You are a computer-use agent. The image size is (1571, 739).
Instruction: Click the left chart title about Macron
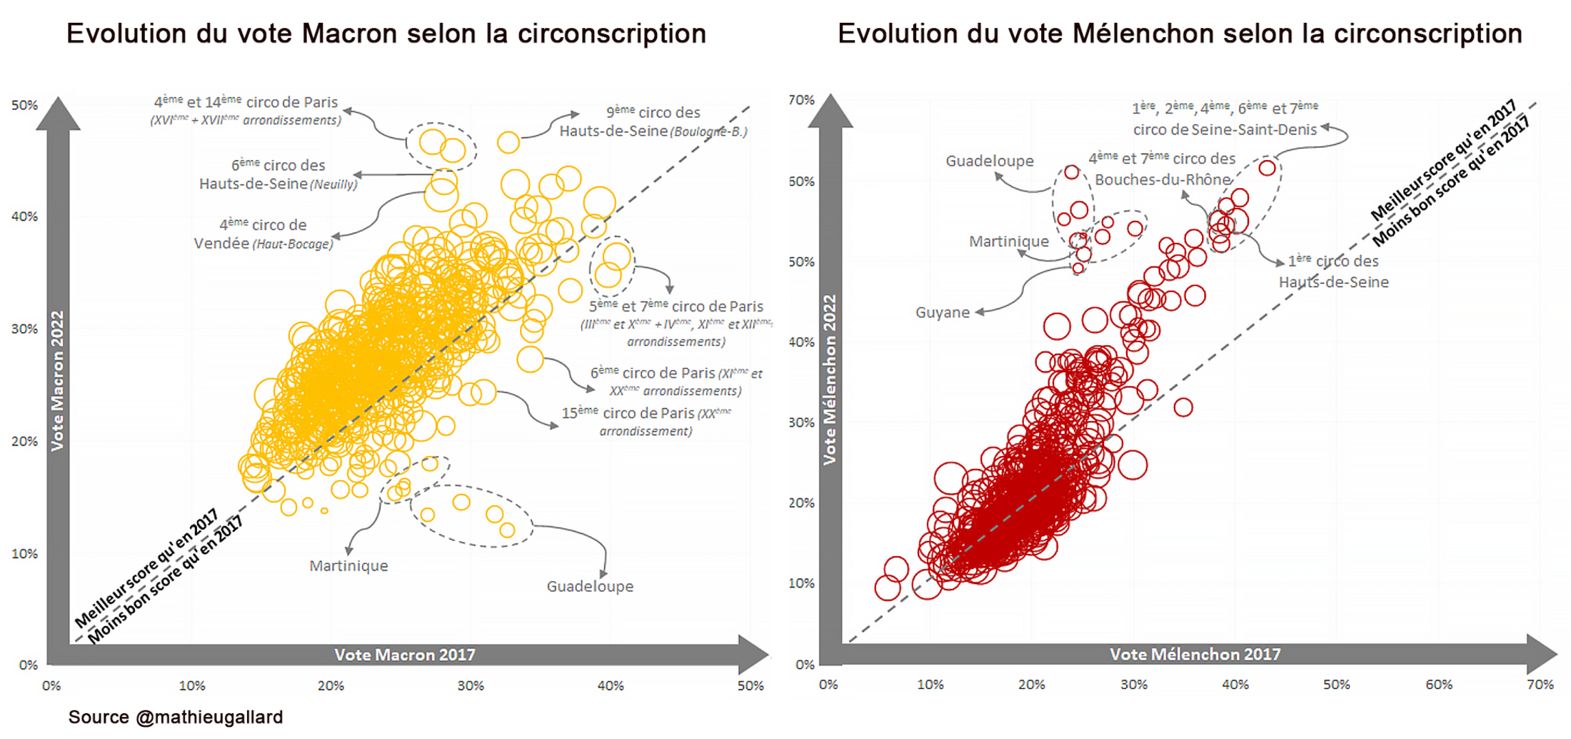coord(386,34)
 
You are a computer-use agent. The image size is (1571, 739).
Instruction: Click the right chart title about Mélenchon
coord(1180,34)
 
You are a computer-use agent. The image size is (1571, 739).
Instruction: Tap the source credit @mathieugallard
coord(176,717)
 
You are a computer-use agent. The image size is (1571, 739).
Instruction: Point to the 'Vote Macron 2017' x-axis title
coord(405,655)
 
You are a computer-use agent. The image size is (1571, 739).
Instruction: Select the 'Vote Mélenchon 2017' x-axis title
coord(1195,654)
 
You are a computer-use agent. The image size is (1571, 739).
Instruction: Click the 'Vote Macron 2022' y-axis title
coord(57,380)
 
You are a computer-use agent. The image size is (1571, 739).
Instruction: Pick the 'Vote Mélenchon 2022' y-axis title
coord(830,380)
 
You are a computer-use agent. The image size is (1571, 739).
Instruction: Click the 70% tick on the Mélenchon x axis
coord(1540,685)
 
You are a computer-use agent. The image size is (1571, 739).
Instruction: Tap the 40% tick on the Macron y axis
coord(24,217)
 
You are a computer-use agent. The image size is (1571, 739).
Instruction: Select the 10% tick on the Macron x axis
coord(191,686)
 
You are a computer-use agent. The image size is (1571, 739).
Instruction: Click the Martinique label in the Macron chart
coord(348,566)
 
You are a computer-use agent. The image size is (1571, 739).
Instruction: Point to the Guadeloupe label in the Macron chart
coord(590,587)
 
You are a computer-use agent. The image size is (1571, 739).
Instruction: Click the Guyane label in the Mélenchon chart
coord(943,313)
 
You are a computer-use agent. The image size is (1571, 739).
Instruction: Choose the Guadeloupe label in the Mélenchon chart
coord(990,162)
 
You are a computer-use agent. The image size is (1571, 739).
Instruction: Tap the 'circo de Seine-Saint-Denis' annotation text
coord(1225,129)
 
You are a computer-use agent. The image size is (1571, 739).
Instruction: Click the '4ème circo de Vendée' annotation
coord(263,234)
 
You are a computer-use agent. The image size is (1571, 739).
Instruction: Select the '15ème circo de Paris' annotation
coord(646,422)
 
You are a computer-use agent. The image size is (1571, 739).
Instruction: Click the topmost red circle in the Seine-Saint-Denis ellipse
coord(1267,168)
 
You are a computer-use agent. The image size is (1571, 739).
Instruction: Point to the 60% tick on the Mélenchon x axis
coord(1438,685)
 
